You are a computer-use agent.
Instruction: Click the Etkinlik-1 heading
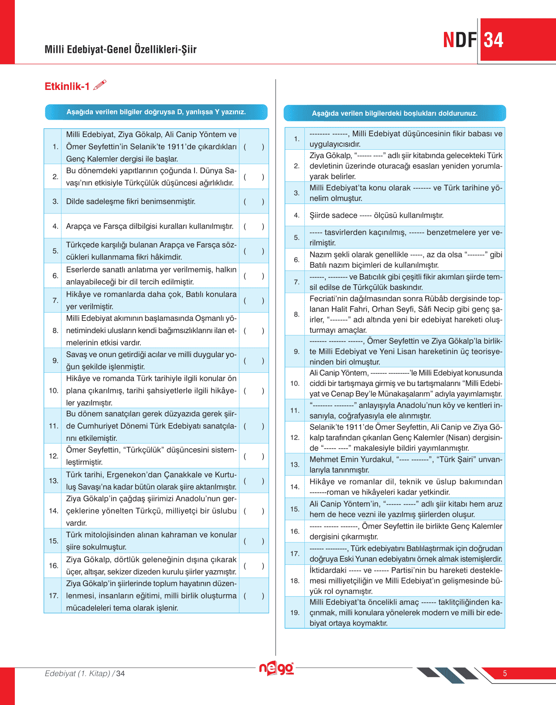click(x=67, y=86)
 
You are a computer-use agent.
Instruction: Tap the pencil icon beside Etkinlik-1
click(x=100, y=85)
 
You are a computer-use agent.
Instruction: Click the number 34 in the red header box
click(x=494, y=40)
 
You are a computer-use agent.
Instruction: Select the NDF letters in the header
click(x=460, y=40)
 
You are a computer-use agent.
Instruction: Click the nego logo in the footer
click(x=276, y=668)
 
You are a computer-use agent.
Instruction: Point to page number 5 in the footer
click(x=505, y=674)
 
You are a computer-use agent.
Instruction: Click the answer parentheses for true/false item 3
click(x=254, y=202)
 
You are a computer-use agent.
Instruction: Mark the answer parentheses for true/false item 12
click(x=254, y=456)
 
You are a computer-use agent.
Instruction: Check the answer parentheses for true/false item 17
click(x=254, y=596)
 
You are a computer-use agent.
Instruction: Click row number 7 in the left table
click(x=55, y=300)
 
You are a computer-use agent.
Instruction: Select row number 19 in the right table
click(x=295, y=612)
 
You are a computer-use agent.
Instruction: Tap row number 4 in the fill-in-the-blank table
click(x=297, y=215)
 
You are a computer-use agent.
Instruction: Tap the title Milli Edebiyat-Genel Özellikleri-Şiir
click(x=121, y=49)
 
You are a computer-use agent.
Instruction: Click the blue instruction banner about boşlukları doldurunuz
click(x=395, y=113)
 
